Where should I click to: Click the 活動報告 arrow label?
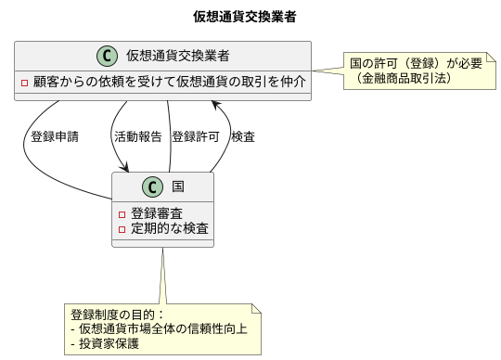point(137,136)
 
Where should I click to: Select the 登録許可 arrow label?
point(195,136)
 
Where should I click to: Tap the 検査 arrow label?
point(243,136)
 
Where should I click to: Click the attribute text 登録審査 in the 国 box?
point(157,212)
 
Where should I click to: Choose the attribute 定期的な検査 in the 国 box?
point(170,228)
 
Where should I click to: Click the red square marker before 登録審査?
point(122,213)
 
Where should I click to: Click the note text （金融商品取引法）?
point(403,79)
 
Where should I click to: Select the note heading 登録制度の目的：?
point(117,314)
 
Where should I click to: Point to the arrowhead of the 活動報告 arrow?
point(123,168)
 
